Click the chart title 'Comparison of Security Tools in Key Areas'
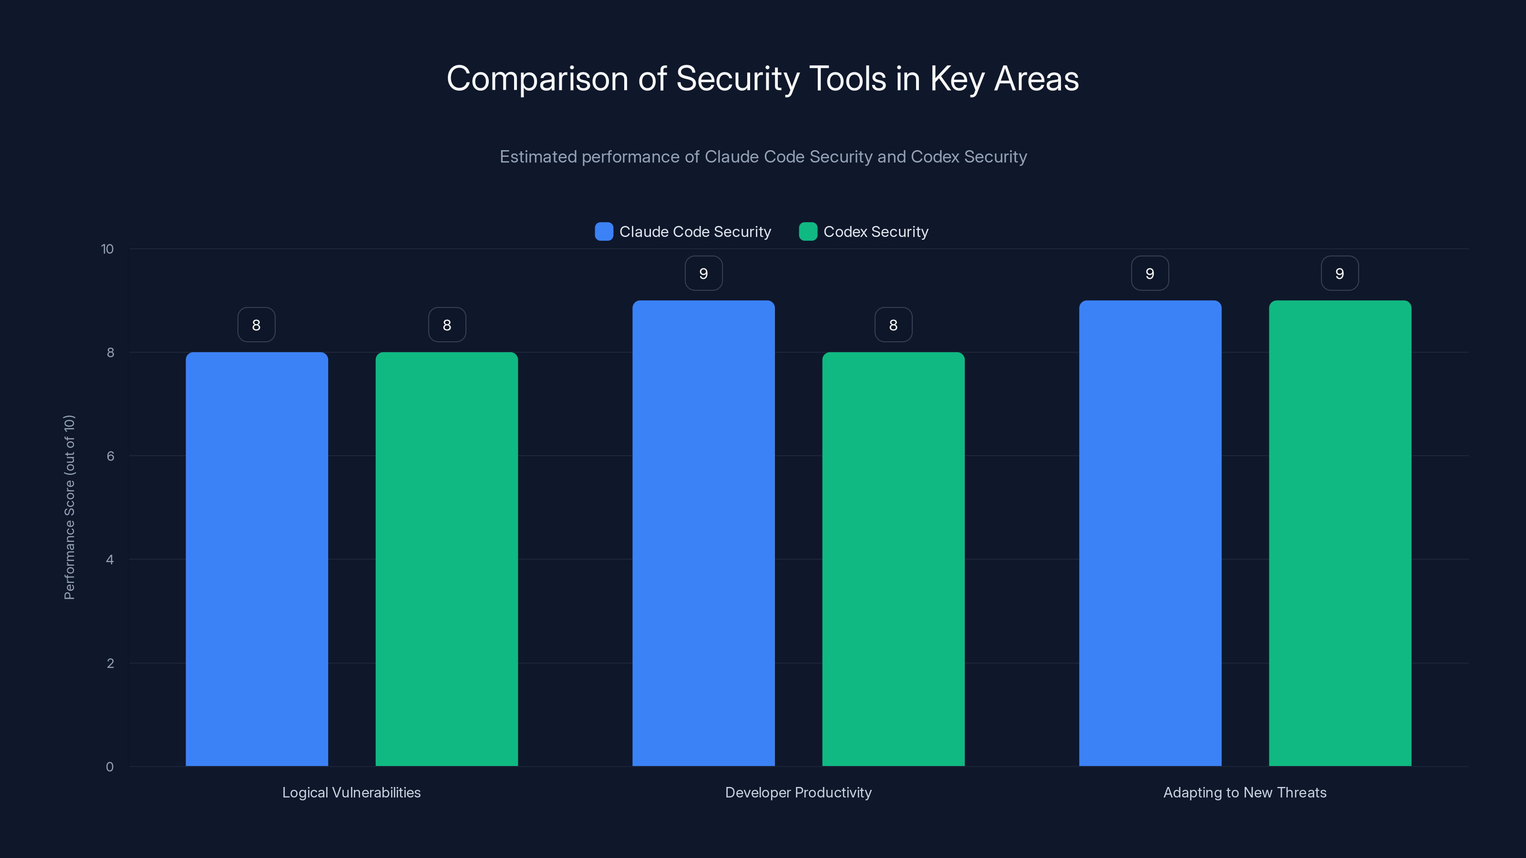point(763,79)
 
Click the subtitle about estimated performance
point(763,157)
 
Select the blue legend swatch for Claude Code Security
point(604,232)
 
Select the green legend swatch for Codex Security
point(808,232)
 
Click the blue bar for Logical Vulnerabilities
point(257,559)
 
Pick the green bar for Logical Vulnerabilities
point(447,559)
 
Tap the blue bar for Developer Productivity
point(703,533)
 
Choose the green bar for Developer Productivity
point(893,559)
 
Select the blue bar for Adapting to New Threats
point(1150,533)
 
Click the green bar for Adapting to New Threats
point(1340,533)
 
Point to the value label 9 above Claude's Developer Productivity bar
point(703,274)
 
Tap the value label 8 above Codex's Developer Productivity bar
point(893,325)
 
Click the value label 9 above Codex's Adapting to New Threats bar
point(1340,274)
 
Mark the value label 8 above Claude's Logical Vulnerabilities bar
point(257,325)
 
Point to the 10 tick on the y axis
point(107,249)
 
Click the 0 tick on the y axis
point(110,767)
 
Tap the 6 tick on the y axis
point(110,456)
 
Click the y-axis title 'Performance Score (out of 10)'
point(69,508)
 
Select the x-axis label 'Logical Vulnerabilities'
point(351,793)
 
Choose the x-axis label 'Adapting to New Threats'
point(1245,793)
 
